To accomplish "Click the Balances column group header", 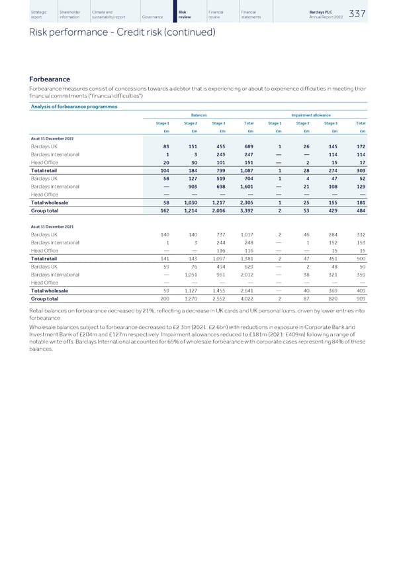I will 198,114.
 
